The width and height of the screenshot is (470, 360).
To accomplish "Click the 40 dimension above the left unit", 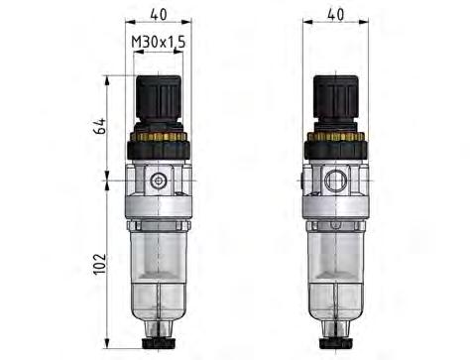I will coord(159,14).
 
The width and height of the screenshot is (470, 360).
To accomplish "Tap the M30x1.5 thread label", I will coord(159,42).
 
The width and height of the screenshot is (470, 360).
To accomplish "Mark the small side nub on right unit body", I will coord(302,182).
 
